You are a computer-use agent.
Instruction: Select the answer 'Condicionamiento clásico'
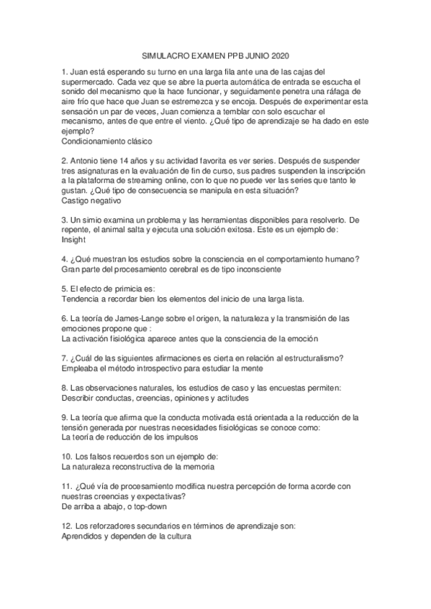pyautogui.click(x=106, y=141)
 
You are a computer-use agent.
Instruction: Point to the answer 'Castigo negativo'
pyautogui.click(x=91, y=203)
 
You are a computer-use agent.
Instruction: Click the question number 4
pyautogui.click(x=65, y=258)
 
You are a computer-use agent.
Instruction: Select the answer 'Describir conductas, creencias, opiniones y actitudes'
pyautogui.click(x=155, y=397)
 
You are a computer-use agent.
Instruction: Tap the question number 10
pyautogui.click(x=67, y=456)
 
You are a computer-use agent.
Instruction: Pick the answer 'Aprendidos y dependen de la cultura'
pyautogui.click(x=124, y=536)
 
